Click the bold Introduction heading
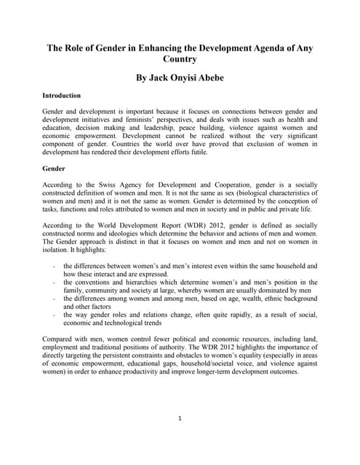click(62, 95)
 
